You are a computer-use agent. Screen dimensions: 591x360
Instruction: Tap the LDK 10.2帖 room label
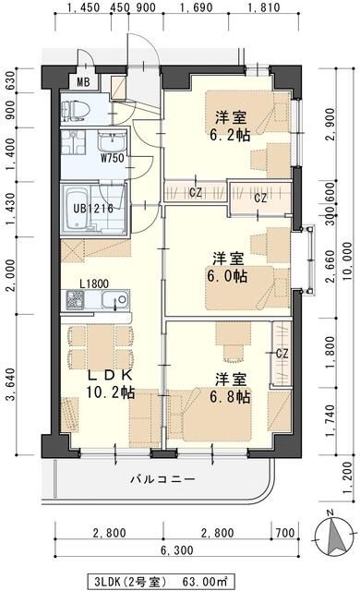pos(112,384)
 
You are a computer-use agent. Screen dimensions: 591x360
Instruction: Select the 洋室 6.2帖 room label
pos(231,126)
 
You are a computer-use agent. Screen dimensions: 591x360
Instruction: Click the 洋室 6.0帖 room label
pos(227,266)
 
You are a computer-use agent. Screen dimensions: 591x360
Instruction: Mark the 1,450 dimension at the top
pos(84,11)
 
